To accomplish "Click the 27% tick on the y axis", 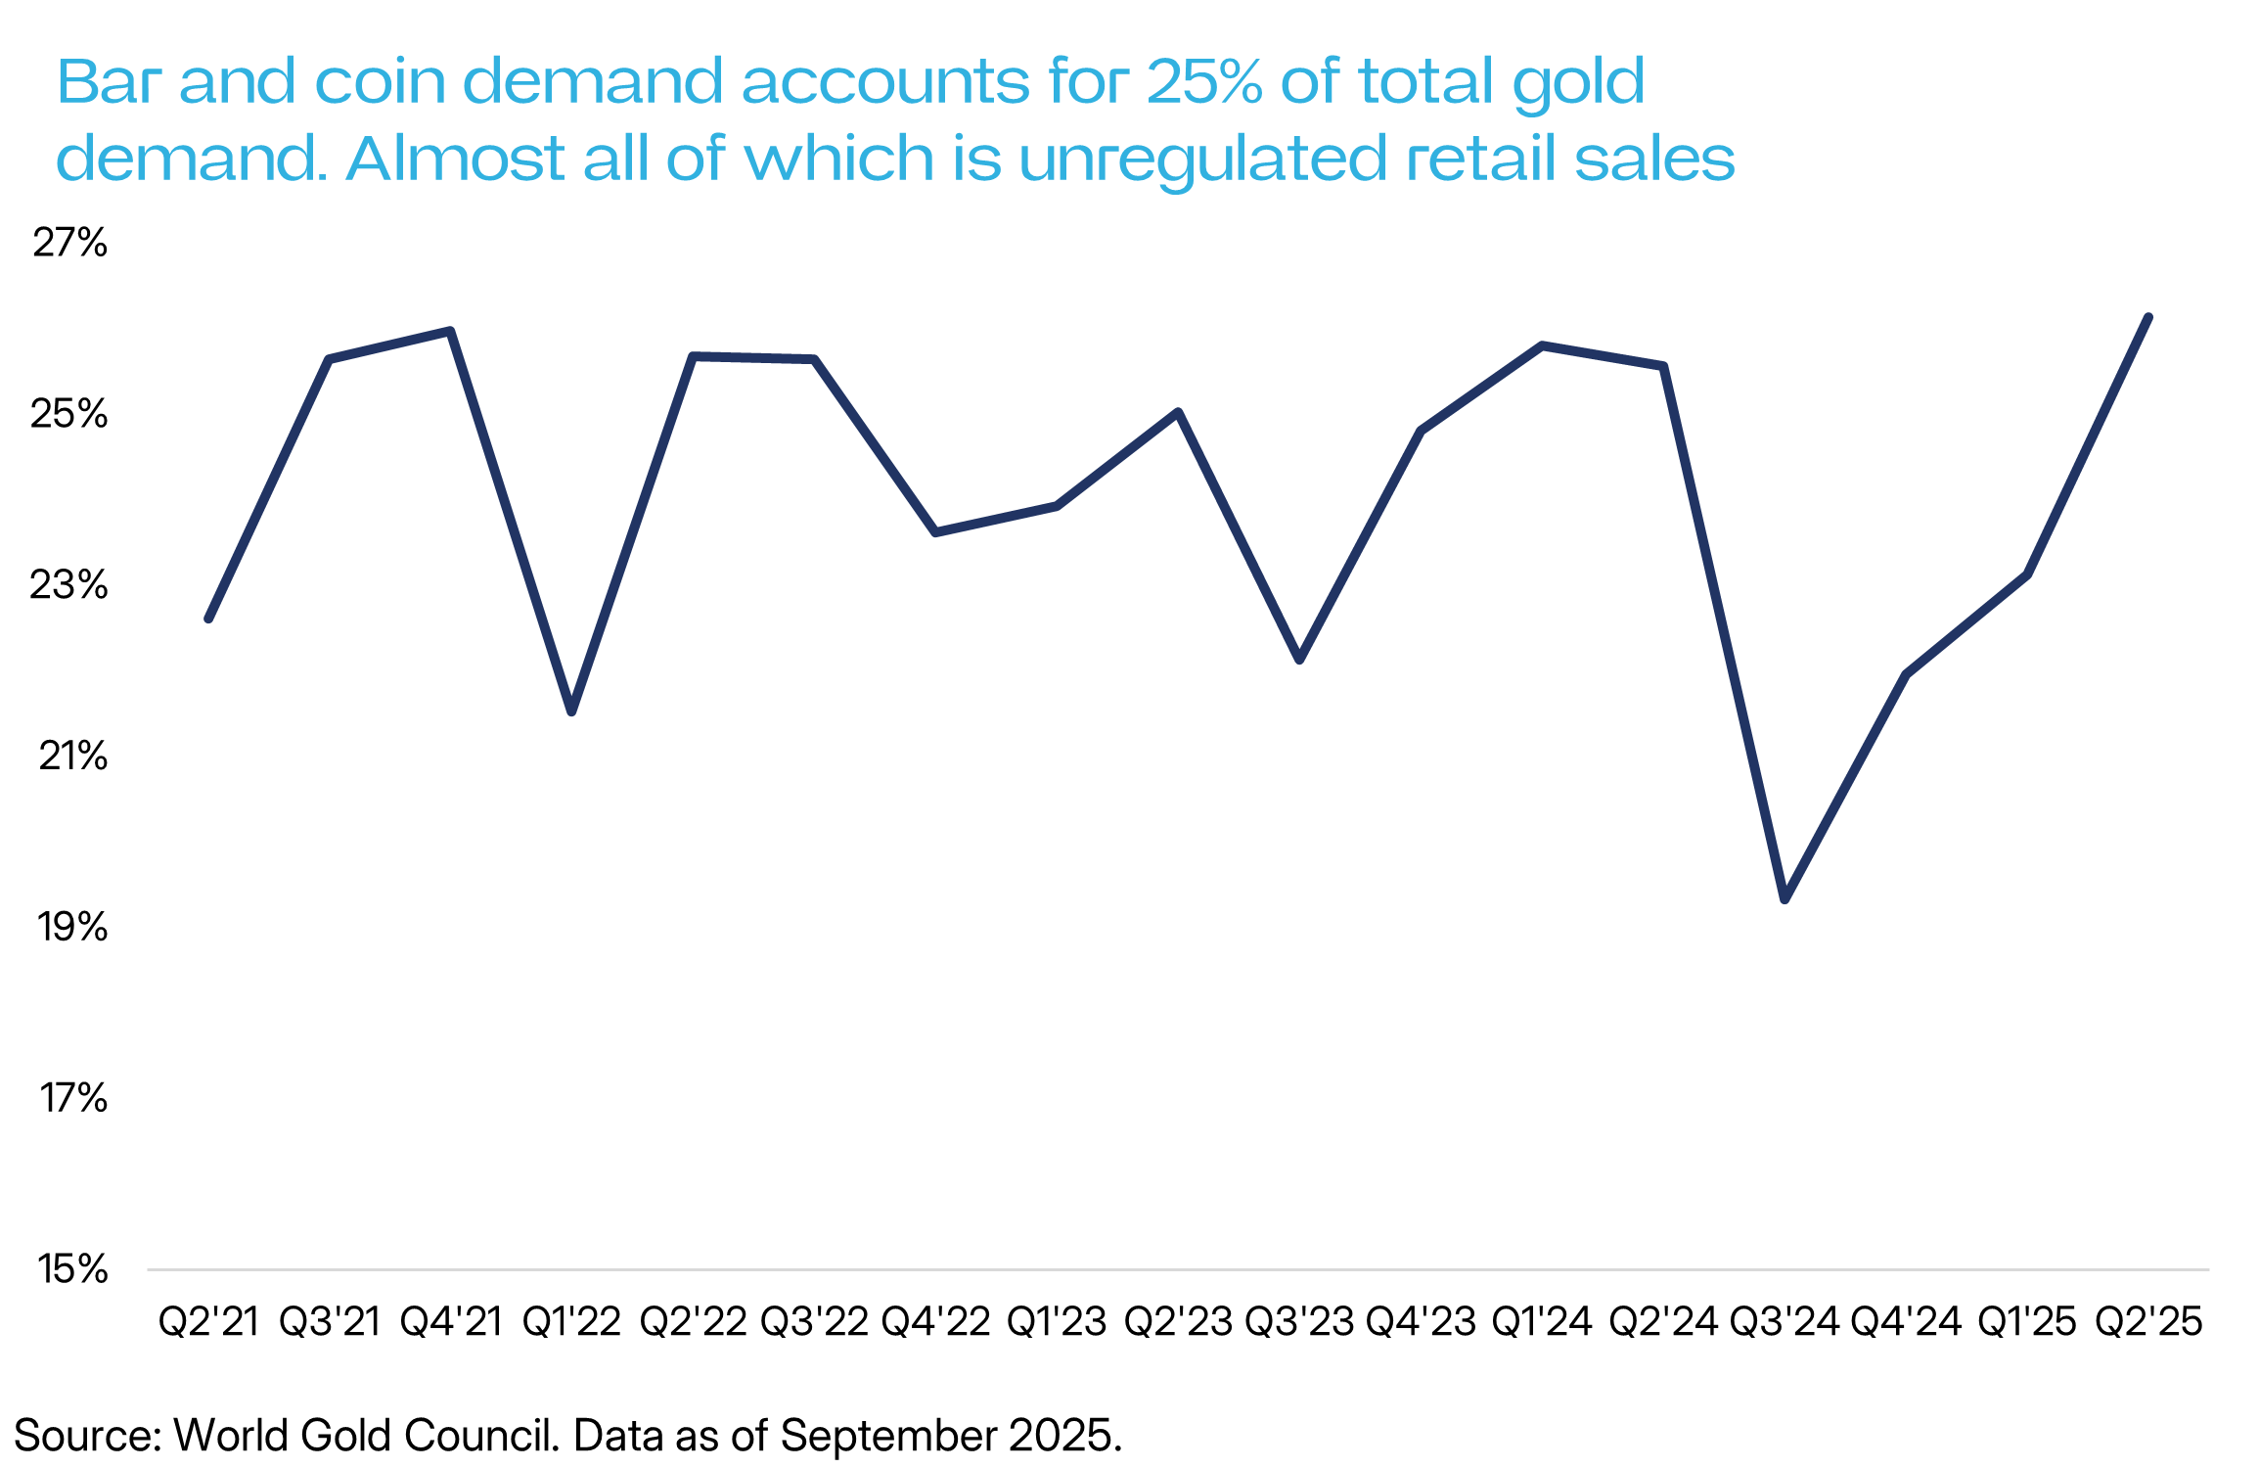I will tap(69, 243).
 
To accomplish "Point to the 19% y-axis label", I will tap(71, 927).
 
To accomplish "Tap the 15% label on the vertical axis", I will tap(71, 1269).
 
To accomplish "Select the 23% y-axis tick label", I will tap(68, 585).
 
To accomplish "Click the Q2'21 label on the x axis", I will tap(208, 1322).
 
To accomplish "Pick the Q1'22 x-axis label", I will tap(571, 1322).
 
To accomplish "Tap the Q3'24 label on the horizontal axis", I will tap(1785, 1322).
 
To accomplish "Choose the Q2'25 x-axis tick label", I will tap(2148, 1322).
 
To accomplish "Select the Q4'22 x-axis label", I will tap(935, 1322).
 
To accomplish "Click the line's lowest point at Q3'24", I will tap(1785, 898).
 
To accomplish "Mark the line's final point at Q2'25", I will tap(2148, 317).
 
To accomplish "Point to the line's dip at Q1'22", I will tap(572, 711).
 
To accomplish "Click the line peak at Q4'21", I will tap(450, 331).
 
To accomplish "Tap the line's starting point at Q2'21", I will tap(208, 619).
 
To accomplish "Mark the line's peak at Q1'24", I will tap(1542, 345).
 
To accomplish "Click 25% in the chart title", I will tap(1204, 81).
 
